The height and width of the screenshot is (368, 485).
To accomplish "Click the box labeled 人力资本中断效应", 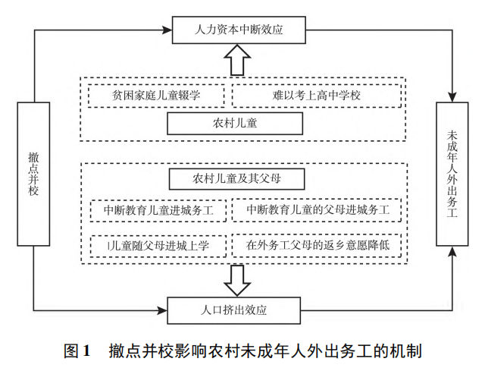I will click(x=239, y=30).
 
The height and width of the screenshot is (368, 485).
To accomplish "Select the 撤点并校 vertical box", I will click(x=33, y=174).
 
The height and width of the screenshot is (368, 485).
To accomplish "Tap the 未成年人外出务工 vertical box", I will click(x=452, y=174).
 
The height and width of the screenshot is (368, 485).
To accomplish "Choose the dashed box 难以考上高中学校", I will click(x=317, y=96).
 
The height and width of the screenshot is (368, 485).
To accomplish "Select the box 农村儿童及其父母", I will click(x=237, y=179).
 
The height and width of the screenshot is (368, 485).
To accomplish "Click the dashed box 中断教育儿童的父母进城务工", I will click(x=317, y=209).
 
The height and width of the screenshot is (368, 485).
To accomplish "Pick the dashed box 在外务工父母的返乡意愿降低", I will click(x=317, y=245).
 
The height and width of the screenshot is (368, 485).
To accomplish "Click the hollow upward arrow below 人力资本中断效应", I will click(x=237, y=59).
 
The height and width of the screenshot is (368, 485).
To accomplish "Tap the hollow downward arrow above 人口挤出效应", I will click(x=237, y=280).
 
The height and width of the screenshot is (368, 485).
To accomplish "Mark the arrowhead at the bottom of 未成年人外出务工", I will click(x=452, y=250).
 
